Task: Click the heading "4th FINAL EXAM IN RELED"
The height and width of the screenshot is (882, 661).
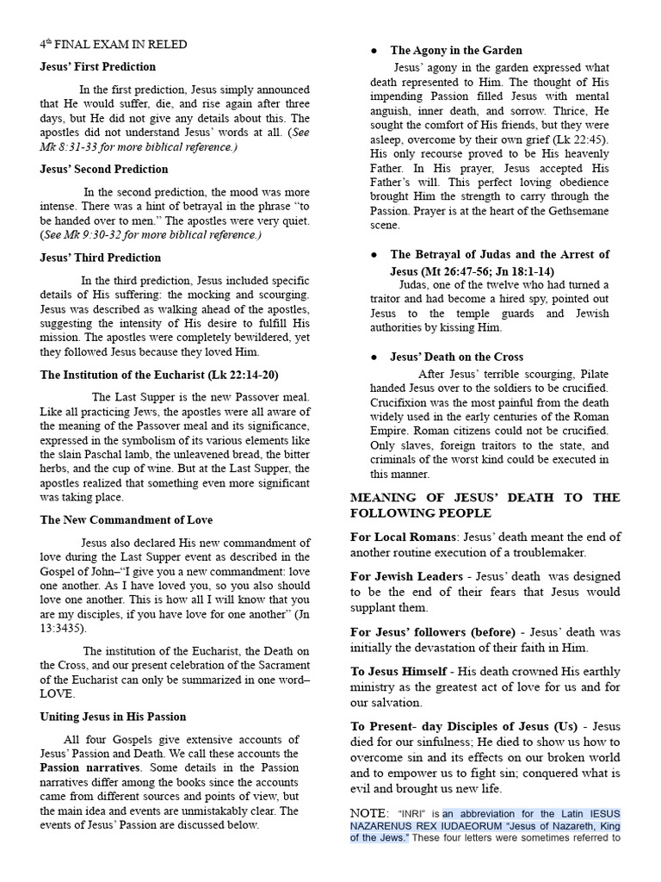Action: coord(113,44)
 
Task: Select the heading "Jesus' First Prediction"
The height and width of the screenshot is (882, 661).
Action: coord(98,66)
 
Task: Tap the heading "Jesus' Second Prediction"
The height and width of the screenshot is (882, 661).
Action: coord(104,169)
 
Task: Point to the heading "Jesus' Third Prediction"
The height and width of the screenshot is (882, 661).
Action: coord(100,258)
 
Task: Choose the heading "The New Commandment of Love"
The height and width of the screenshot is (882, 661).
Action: coord(127,520)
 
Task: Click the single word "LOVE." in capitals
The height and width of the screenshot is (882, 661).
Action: coord(58,694)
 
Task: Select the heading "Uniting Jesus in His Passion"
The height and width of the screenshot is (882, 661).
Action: coord(113,717)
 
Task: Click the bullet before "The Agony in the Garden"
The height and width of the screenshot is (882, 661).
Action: coord(374,51)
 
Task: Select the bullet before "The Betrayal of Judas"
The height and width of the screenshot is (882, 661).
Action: coord(374,255)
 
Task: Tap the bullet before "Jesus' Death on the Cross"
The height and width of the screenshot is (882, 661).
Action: coord(374,357)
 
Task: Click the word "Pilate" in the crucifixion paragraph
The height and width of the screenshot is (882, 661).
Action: coord(590,374)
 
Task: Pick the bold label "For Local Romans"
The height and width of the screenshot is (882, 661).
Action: coord(402,537)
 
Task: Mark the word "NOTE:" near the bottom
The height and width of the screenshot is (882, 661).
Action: coord(370,813)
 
